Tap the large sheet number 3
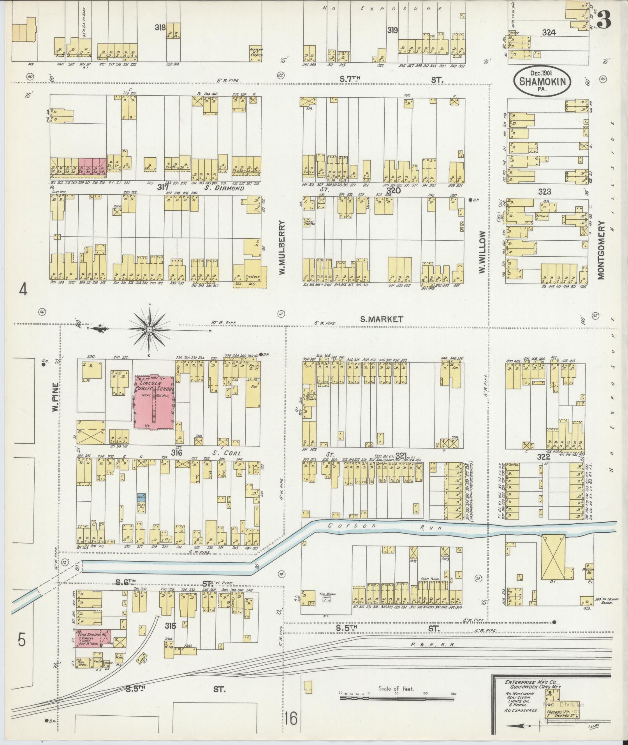click(x=604, y=19)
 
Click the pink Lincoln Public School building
click(x=154, y=402)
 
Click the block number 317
click(x=162, y=188)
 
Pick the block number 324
click(x=548, y=33)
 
